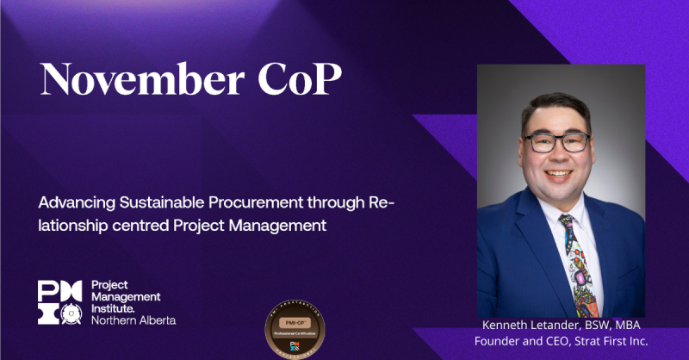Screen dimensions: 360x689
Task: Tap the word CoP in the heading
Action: pos(297,80)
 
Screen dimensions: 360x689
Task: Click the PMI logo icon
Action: pos(59,302)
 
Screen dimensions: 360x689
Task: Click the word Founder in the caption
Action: pos(500,343)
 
